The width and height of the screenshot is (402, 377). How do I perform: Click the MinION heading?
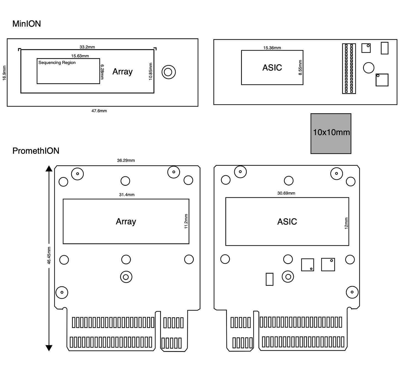[x=27, y=24]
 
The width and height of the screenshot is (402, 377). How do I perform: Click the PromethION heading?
[x=36, y=151]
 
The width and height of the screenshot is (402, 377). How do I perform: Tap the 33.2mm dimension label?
[x=87, y=47]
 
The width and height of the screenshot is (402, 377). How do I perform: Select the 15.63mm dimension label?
[x=80, y=56]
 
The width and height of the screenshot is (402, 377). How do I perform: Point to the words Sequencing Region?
[x=57, y=63]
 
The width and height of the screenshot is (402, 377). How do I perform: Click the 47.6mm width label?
[x=99, y=111]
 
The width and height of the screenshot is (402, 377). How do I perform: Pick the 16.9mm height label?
[x=4, y=73]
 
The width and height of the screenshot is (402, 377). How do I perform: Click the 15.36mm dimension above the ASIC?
[x=272, y=48]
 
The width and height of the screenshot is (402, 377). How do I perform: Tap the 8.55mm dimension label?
[x=300, y=68]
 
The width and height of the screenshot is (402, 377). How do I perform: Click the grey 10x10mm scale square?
[x=331, y=133]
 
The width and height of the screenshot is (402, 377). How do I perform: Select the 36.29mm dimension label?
[x=126, y=160]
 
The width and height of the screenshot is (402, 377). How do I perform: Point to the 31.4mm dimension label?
[x=127, y=195]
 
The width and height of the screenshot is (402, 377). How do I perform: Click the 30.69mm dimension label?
[x=286, y=193]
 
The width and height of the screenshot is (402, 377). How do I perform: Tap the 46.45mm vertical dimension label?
[x=49, y=255]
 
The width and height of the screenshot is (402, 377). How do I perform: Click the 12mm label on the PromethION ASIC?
[x=346, y=223]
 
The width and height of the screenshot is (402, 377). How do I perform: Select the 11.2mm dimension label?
[x=186, y=221]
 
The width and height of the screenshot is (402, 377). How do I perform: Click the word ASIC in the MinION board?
[x=272, y=68]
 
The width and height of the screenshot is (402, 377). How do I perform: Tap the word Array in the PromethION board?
[x=126, y=221]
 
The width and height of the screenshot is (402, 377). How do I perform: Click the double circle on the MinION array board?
[x=168, y=72]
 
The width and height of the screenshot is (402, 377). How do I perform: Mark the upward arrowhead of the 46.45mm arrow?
[x=49, y=168]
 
